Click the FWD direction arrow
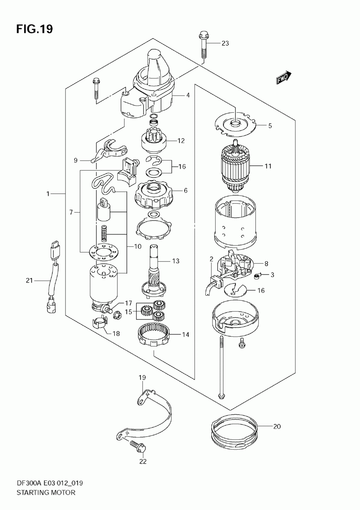[x=284, y=77]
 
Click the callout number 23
[x=225, y=43]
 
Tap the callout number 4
[x=188, y=95]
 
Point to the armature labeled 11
[x=235, y=167]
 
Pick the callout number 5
[x=270, y=126]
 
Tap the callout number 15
[x=129, y=312]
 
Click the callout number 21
[x=30, y=281]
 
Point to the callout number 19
[x=142, y=377]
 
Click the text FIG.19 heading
[x=34, y=29]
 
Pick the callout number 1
[x=48, y=194]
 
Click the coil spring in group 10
[x=104, y=233]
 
